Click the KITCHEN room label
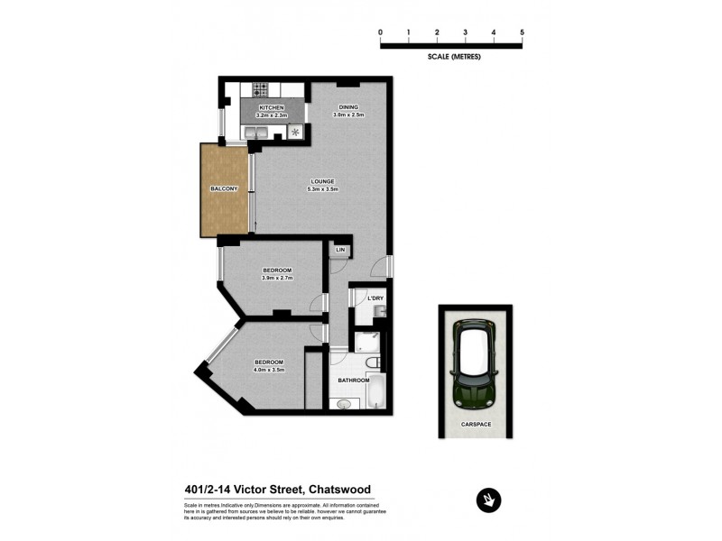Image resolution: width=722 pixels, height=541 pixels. (271, 107)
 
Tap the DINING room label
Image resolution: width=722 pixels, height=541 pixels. (347, 107)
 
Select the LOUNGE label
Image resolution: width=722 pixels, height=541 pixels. (322, 181)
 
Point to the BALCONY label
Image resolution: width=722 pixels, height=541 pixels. (224, 188)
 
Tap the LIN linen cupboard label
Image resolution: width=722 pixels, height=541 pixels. (340, 249)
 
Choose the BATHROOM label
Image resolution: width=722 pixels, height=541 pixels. (354, 380)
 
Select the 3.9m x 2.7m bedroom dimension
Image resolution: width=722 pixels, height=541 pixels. (277, 279)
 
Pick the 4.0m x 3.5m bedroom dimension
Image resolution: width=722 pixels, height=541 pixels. (269, 370)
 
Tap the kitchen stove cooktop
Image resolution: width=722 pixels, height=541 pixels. (261, 90)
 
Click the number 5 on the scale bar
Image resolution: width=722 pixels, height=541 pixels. (522, 32)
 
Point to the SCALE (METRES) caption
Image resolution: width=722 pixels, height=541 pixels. (454, 56)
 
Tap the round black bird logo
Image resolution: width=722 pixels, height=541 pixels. (488, 500)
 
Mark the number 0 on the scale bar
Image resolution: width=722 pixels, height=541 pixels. (381, 32)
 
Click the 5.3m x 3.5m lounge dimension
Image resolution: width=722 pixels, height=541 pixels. (322, 189)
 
